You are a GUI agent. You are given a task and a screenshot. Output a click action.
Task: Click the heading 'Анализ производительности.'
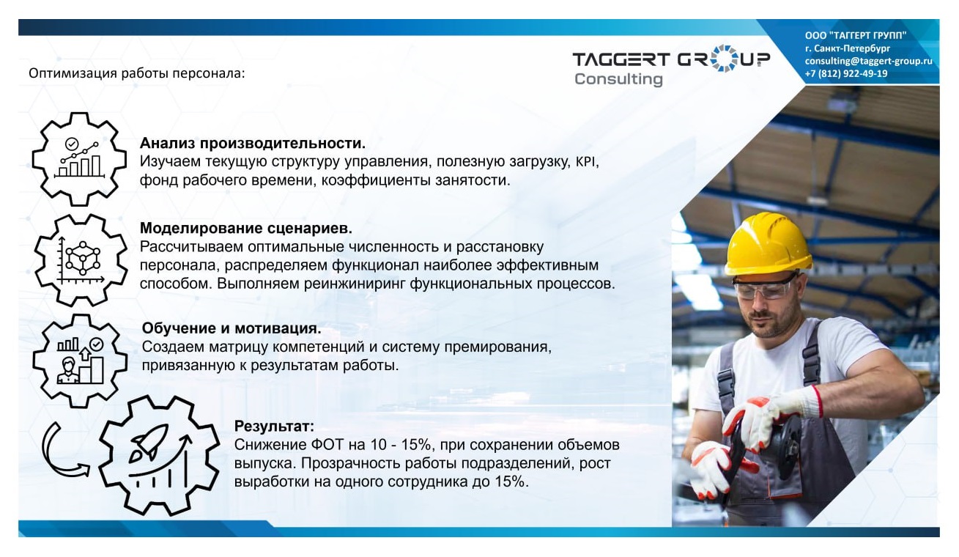[x=252, y=143]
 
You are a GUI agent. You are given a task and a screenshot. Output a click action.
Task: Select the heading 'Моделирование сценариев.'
[x=246, y=227]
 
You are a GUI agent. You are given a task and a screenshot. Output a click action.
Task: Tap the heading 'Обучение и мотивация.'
[x=232, y=328]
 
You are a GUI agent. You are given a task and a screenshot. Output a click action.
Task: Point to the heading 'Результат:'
[x=274, y=426]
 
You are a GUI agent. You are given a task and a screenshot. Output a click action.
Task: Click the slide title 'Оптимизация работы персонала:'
[x=136, y=73]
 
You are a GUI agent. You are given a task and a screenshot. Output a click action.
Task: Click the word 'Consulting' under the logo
[x=618, y=79]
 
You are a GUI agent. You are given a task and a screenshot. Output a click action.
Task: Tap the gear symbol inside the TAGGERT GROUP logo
[x=723, y=58]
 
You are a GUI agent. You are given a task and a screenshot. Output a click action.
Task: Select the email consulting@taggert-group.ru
[x=868, y=61]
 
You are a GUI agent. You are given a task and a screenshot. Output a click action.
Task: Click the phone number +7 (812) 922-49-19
[x=845, y=73]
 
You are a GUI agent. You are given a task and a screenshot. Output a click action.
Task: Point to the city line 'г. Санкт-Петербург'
[x=847, y=48]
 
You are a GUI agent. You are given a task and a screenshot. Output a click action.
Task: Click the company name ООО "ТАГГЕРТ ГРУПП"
[x=855, y=35]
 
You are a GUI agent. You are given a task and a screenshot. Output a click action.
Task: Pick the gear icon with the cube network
[x=81, y=260]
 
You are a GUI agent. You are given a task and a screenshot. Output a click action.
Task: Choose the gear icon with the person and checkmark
[x=79, y=360]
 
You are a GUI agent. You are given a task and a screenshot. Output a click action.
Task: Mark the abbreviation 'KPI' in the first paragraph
[x=586, y=161]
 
